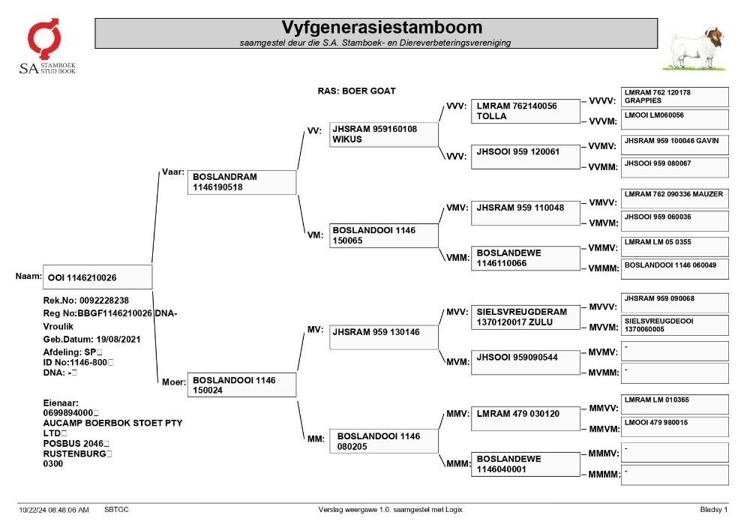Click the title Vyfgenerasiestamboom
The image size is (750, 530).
(382, 27)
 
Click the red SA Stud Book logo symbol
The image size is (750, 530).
(44, 37)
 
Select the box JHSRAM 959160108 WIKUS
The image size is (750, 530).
(383, 134)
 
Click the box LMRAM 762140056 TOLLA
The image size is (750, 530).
(525, 112)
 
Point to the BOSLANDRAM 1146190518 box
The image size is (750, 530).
(241, 182)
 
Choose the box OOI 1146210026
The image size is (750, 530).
(97, 277)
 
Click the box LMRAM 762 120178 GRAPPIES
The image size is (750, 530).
(674, 97)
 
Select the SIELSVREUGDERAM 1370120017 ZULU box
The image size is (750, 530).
(525, 317)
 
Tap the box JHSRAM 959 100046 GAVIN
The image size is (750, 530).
(674, 145)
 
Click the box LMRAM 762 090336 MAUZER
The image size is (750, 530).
(674, 199)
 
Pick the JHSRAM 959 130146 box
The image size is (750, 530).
(383, 337)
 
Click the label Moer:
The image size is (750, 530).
(174, 382)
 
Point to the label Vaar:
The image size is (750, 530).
(172, 172)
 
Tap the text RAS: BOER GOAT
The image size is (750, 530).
(356, 91)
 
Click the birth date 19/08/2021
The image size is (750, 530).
(118, 340)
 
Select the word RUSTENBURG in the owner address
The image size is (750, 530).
(74, 454)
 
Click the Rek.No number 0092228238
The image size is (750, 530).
(103, 301)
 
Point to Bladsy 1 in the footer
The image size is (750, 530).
(714, 510)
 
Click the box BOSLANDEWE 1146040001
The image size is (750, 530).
(525, 464)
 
